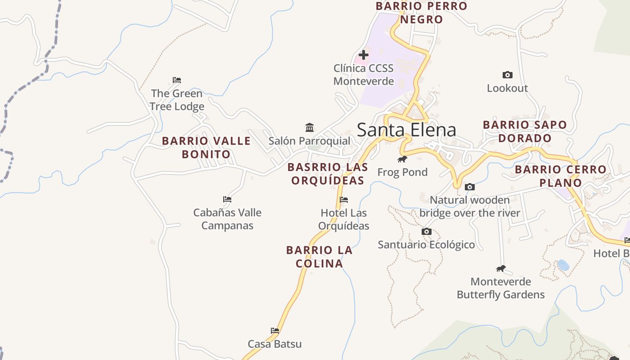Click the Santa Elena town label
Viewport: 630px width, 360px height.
[406, 130]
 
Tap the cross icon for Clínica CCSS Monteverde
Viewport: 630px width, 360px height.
[364, 55]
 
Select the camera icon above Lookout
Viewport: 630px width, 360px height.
[507, 75]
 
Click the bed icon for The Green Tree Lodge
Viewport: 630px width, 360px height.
[177, 80]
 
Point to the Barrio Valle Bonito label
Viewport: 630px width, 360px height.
[206, 147]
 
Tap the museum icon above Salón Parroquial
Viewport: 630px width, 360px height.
[309, 127]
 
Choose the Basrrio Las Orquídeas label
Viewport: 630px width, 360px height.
[328, 174]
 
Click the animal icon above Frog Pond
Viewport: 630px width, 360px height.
[402, 159]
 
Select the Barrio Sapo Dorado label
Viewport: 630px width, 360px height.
[525, 131]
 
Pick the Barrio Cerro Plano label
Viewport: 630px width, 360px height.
[561, 176]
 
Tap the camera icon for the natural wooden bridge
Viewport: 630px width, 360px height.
[469, 187]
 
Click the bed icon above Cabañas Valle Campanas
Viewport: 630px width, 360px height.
[227, 199]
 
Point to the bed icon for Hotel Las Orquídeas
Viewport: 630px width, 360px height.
[344, 199]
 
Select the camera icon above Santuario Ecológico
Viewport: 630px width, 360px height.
[426, 231]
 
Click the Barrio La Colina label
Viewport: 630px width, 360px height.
[319, 256]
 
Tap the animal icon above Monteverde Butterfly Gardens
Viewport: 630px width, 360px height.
[500, 269]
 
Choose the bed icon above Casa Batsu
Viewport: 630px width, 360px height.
[275, 331]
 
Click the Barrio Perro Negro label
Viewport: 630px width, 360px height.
[422, 13]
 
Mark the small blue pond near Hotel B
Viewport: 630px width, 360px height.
[563, 265]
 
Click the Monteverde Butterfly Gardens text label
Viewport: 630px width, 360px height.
[500, 288]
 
